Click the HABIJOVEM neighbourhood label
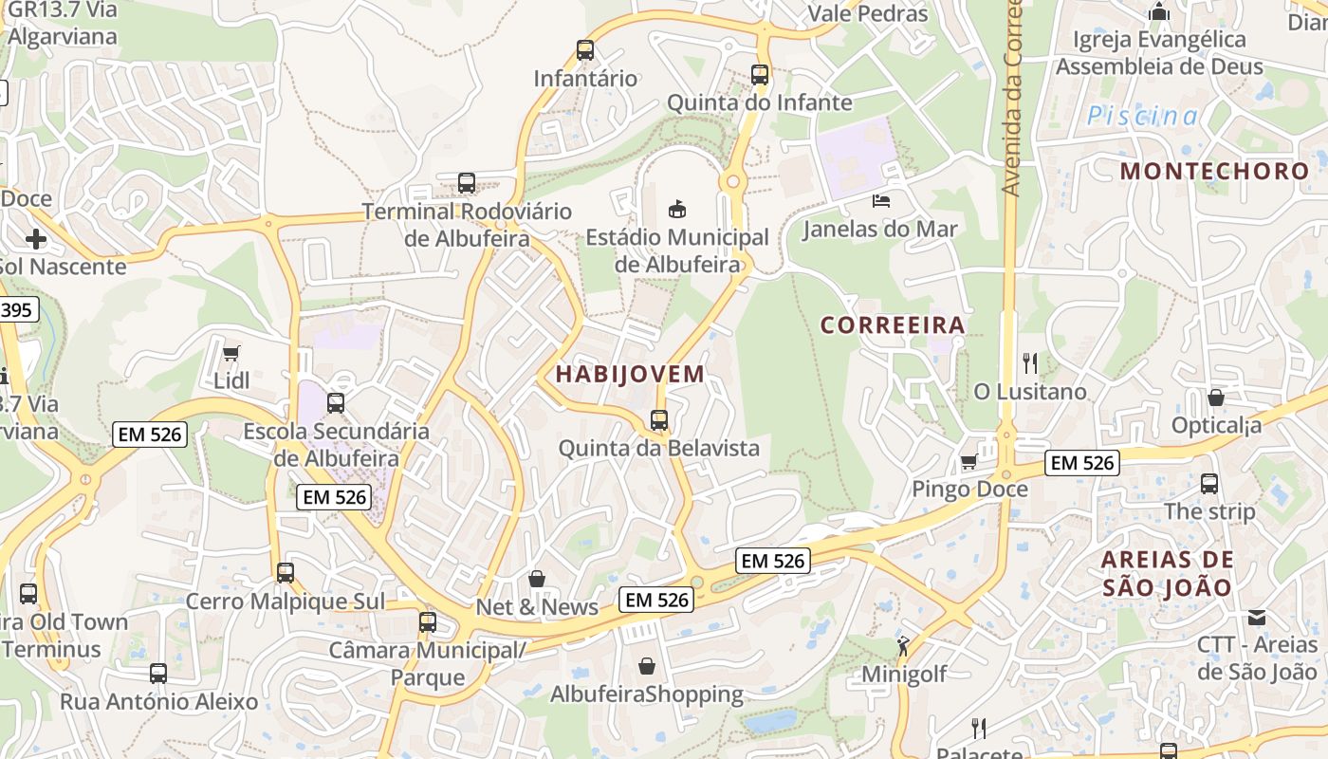point(630,374)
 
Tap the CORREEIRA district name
point(892,325)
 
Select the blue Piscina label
point(1142,117)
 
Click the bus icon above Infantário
point(585,50)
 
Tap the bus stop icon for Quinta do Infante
point(759,74)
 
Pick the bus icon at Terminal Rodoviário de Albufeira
point(466,183)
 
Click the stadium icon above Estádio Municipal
point(676,208)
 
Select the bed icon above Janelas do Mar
point(881,201)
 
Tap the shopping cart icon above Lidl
point(231,354)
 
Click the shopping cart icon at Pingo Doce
point(968,462)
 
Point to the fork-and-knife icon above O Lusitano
point(1030,362)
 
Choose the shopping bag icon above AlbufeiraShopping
point(647,666)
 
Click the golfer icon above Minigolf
point(902,646)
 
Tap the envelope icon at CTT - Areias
point(1257,618)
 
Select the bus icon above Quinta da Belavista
point(658,419)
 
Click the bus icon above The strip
point(1209,483)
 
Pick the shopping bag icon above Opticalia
point(1216,398)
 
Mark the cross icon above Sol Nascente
point(36,238)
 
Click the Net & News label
point(537,607)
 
